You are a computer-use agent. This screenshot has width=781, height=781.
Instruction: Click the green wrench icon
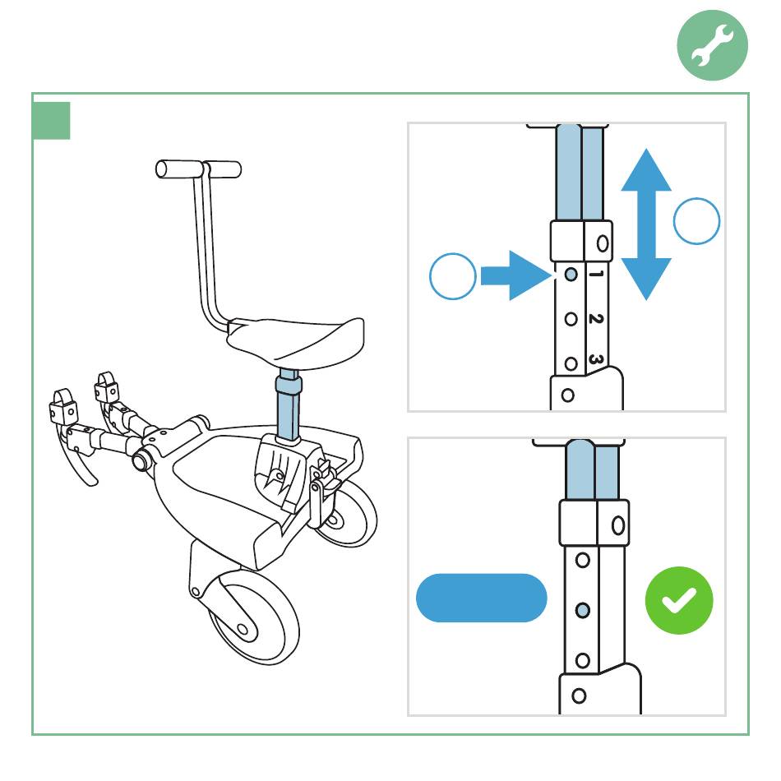[712, 45]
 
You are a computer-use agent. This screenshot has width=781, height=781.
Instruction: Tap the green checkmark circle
[679, 600]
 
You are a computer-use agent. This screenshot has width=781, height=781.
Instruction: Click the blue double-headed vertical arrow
[646, 224]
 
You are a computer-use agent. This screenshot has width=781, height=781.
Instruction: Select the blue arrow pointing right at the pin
[516, 275]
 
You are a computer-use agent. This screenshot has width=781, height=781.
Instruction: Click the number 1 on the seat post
[596, 274]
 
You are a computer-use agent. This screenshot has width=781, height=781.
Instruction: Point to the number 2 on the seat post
[596, 319]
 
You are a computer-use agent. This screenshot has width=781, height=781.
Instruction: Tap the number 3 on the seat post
[596, 359]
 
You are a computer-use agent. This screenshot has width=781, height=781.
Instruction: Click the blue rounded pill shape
[482, 598]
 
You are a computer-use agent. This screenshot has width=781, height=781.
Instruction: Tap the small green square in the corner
[51, 121]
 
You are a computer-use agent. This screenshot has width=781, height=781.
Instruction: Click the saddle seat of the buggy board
[296, 341]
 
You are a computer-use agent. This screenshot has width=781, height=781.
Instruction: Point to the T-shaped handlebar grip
[198, 169]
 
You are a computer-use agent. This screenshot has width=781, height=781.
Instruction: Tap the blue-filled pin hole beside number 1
[571, 274]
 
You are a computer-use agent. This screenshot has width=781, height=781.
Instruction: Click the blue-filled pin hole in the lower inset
[583, 610]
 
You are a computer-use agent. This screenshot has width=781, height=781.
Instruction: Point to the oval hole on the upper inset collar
[603, 243]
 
